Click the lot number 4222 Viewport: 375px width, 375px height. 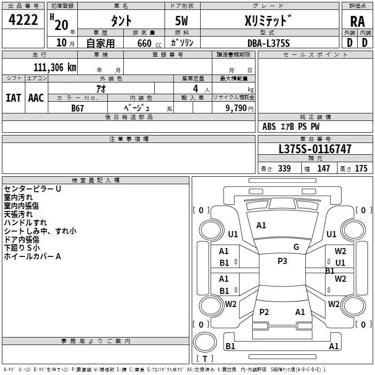[x=23, y=20]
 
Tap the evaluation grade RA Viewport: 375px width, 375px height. [x=357, y=22]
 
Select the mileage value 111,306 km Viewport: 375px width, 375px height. [x=55, y=67]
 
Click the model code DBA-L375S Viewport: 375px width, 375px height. [x=269, y=43]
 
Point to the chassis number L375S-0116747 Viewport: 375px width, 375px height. [x=315, y=149]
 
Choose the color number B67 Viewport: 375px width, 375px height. [x=77, y=108]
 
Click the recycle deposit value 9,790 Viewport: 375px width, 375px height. [x=236, y=108]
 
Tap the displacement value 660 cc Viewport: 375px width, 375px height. [x=149, y=43]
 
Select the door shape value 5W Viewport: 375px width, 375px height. [x=181, y=21]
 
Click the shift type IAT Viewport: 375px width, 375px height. [x=14, y=98]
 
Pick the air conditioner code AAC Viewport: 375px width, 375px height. [x=36, y=98]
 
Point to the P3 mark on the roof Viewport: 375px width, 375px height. [x=282, y=261]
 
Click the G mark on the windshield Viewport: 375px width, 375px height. [x=296, y=247]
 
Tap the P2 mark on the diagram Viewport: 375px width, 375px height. [x=264, y=312]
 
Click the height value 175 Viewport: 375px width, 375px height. [x=361, y=168]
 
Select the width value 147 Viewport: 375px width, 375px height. [x=323, y=168]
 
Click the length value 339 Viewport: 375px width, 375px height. [x=284, y=168]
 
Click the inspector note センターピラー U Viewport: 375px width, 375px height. [x=32, y=189]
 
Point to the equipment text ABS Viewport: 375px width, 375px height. [x=269, y=127]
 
